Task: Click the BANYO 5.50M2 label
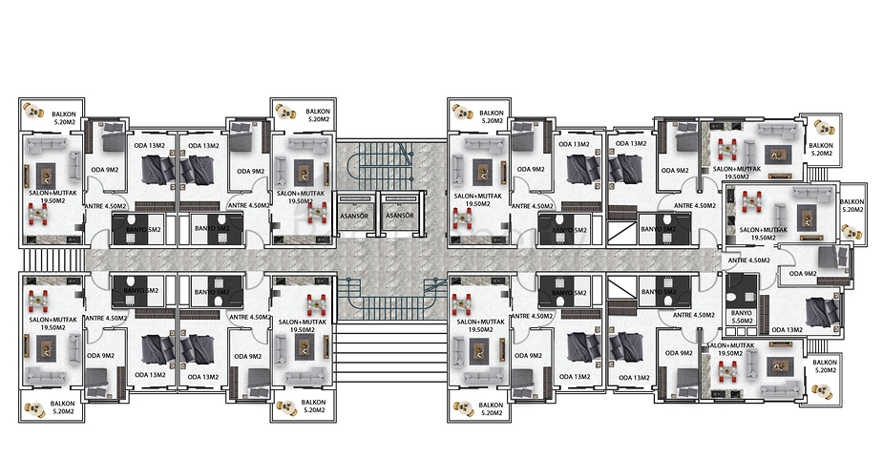point(741,316)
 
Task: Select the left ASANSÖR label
point(355,216)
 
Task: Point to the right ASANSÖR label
point(399,216)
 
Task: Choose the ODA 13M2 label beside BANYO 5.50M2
point(785,330)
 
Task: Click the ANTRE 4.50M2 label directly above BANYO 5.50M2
point(748,260)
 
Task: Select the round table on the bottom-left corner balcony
point(36,408)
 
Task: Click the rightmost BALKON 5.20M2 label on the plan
point(851,207)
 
